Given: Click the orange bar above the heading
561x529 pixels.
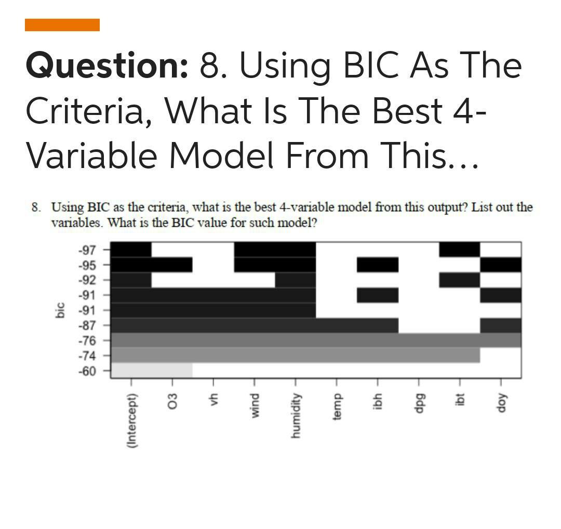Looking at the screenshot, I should [x=62, y=25].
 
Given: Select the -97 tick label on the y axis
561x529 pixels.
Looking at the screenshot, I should [x=87, y=250].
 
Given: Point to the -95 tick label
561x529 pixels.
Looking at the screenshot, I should [x=87, y=265].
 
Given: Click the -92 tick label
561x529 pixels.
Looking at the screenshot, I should [x=87, y=280].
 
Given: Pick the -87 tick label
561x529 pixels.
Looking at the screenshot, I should [x=87, y=326].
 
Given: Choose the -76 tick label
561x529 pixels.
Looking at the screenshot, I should [x=87, y=341].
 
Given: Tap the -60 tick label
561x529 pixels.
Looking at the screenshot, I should [x=87, y=371].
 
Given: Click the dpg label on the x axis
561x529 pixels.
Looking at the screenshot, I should [x=419, y=403].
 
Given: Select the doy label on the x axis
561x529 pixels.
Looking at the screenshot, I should [x=501, y=403].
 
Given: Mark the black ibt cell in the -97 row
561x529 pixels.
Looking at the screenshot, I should [x=459, y=250].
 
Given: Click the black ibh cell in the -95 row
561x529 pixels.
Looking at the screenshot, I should [x=378, y=265].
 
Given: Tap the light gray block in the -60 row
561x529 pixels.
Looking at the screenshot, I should [x=152, y=370].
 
